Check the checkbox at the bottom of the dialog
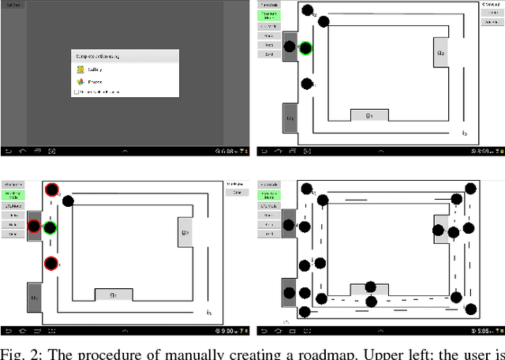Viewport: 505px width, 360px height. tap(77, 92)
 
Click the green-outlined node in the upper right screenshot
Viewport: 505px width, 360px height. tap(305, 48)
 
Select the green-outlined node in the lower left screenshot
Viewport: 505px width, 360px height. tap(50, 228)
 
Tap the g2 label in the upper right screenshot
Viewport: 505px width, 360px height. tap(440, 54)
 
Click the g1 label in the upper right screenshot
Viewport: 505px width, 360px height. tap(369, 115)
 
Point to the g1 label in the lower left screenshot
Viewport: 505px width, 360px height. tap(114, 294)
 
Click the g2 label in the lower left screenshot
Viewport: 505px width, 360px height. tap(185, 233)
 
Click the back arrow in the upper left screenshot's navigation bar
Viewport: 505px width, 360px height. tap(8, 150)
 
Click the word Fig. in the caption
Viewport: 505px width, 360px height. tap(13, 352)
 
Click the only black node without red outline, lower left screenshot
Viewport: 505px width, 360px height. tap(68, 201)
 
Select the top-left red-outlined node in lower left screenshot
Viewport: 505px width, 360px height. tap(52, 189)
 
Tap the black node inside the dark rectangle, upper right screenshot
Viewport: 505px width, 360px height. tap(290, 47)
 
